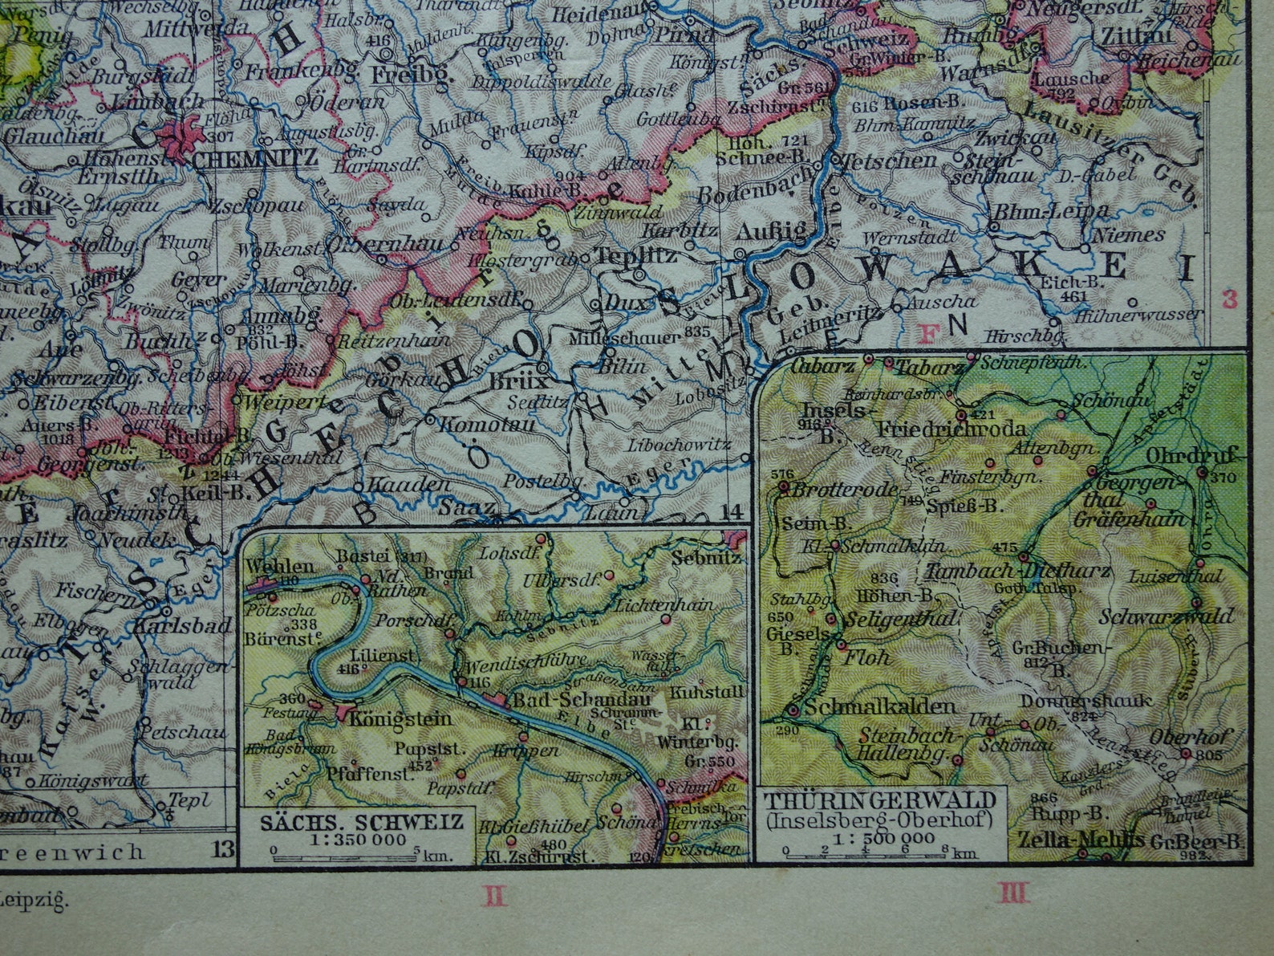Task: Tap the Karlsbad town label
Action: coord(182,624)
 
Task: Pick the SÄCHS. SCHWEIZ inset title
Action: coord(361,822)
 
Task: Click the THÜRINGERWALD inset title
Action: coord(880,801)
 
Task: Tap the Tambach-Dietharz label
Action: coord(1017,572)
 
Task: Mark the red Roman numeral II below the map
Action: coord(495,893)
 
